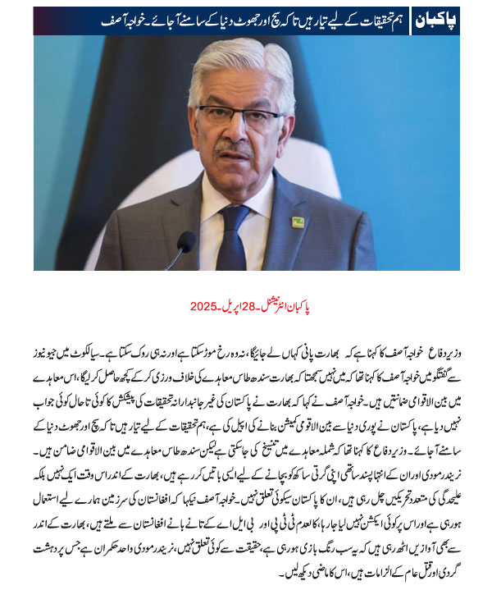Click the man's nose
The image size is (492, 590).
tap(238, 131)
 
